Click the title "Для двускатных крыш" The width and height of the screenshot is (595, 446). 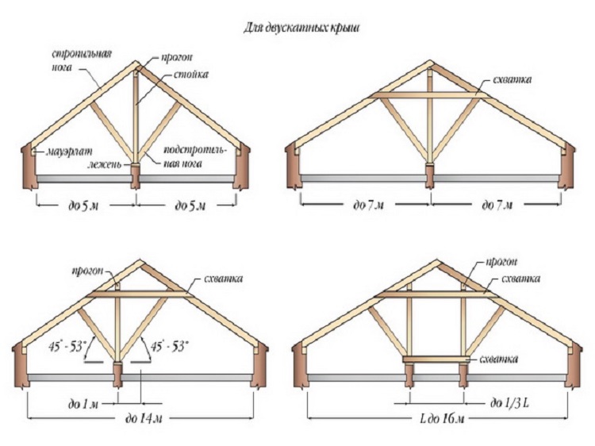tap(301, 29)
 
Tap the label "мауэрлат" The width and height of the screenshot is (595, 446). tap(69, 152)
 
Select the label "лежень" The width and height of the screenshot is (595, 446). tap(105, 164)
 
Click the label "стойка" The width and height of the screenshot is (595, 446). tap(191, 74)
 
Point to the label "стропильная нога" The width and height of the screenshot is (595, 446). tap(82, 60)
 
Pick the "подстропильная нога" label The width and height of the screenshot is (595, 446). tap(194, 156)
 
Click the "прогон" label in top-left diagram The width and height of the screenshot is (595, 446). tap(176, 58)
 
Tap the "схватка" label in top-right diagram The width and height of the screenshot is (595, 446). tap(512, 79)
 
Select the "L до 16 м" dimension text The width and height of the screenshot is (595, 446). tap(443, 419)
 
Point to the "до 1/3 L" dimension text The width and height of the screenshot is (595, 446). tap(509, 402)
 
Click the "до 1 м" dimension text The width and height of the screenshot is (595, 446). tap(83, 404)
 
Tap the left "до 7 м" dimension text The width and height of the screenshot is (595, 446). tap(368, 206)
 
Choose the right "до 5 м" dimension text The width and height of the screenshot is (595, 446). tap(190, 206)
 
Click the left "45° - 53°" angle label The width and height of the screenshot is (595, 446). tap(68, 346)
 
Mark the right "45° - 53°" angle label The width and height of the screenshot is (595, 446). tap(170, 346)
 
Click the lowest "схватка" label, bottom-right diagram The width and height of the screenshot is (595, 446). tap(499, 359)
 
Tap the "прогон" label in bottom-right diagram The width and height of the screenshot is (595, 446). tap(501, 262)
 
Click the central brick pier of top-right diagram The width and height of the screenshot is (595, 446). tap(429, 176)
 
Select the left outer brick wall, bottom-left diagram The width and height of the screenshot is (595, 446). tap(21, 363)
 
